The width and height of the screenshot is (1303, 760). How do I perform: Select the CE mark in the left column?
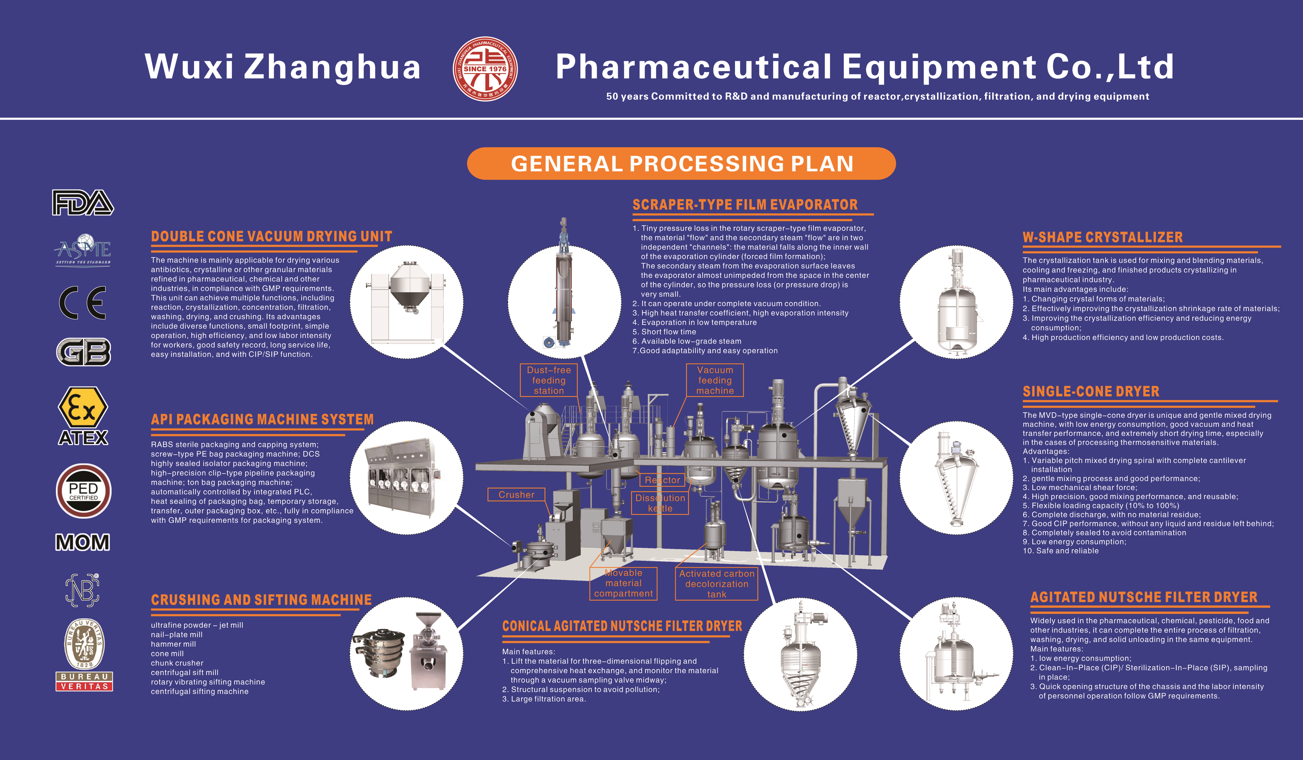coord(83,302)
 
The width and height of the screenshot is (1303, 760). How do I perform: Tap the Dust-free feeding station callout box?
coord(549,380)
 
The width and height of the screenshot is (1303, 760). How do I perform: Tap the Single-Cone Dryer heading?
coord(1091,391)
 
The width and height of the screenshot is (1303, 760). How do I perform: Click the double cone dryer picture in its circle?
coord(406,302)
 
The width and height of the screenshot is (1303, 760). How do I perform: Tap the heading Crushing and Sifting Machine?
coord(261,600)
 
